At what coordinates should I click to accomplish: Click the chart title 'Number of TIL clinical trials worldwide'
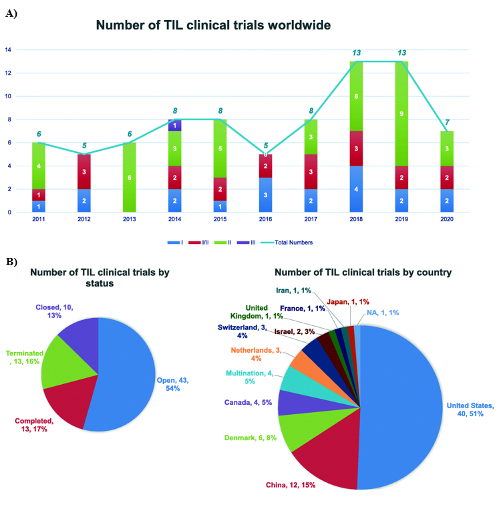[214, 25]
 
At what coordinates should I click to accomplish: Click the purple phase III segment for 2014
[176, 125]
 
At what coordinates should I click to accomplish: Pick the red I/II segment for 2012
[83, 172]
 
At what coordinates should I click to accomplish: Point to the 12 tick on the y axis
[7, 73]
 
